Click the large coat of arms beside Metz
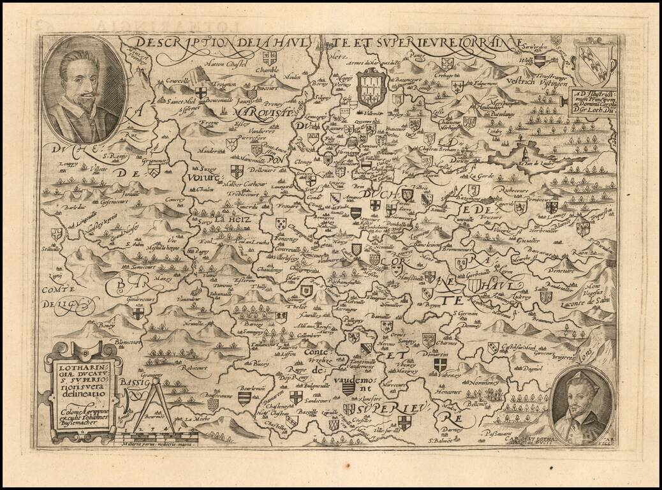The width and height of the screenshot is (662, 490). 369,89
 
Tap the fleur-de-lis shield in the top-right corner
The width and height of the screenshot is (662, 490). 595,61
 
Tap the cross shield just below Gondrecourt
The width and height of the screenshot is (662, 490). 137,313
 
